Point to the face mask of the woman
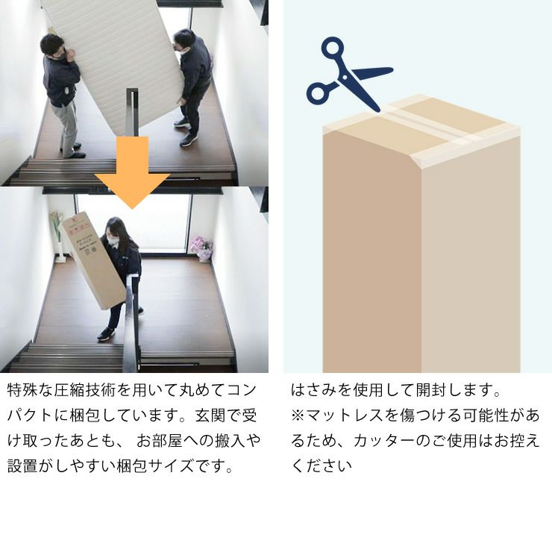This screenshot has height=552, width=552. click(113, 241)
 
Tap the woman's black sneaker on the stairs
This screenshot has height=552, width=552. click(105, 335)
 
